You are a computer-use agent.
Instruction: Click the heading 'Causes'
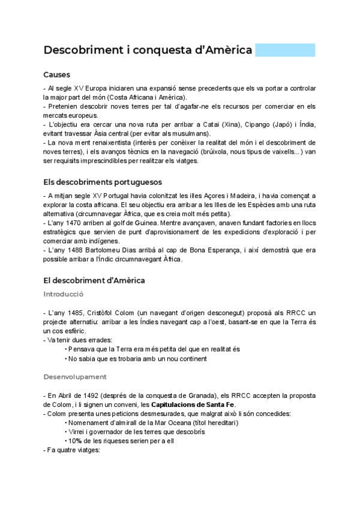[57, 75]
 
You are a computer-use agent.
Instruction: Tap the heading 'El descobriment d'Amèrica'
[94, 280]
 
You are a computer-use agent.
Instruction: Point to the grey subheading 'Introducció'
[63, 294]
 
